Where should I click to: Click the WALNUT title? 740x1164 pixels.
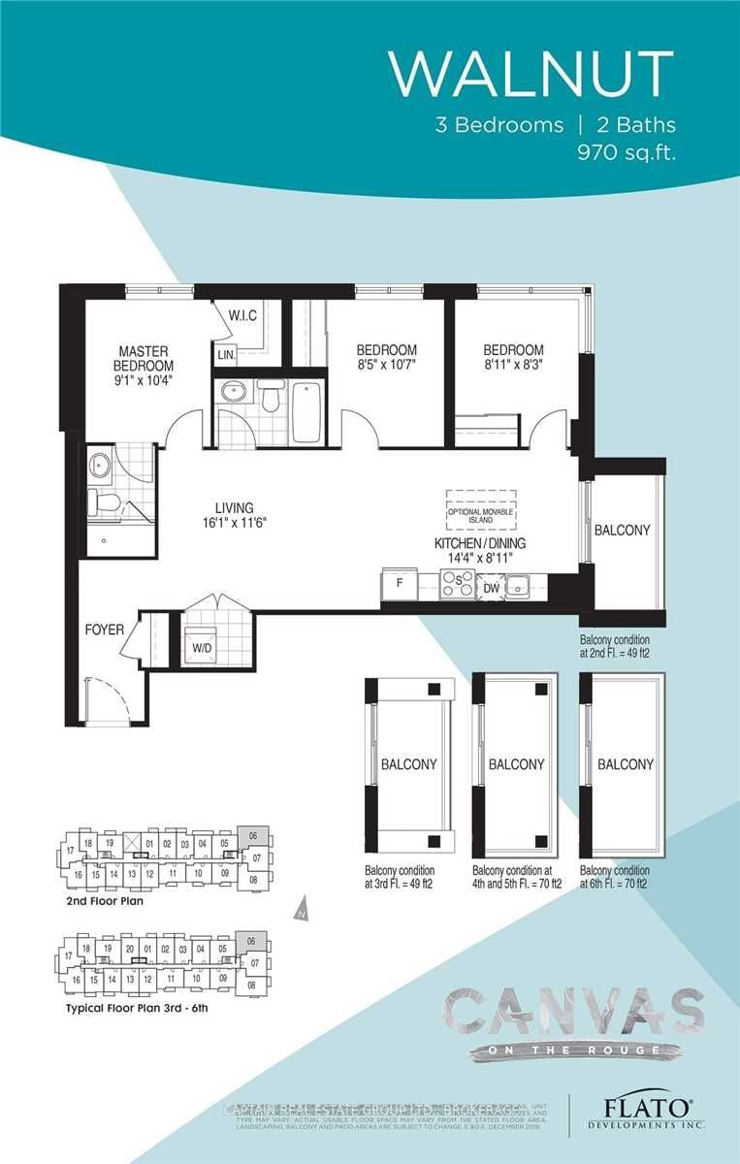531,73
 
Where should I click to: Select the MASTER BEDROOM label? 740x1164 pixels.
145,358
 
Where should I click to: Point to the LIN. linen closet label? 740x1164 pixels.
226,355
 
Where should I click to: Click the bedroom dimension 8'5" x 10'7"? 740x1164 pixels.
386,367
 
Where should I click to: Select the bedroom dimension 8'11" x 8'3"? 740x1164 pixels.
513,367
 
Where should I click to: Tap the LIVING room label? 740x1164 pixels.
234,507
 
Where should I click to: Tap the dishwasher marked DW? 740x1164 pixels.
490,586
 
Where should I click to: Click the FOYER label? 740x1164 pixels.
104,630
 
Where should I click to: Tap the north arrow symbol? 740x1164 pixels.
302,911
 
